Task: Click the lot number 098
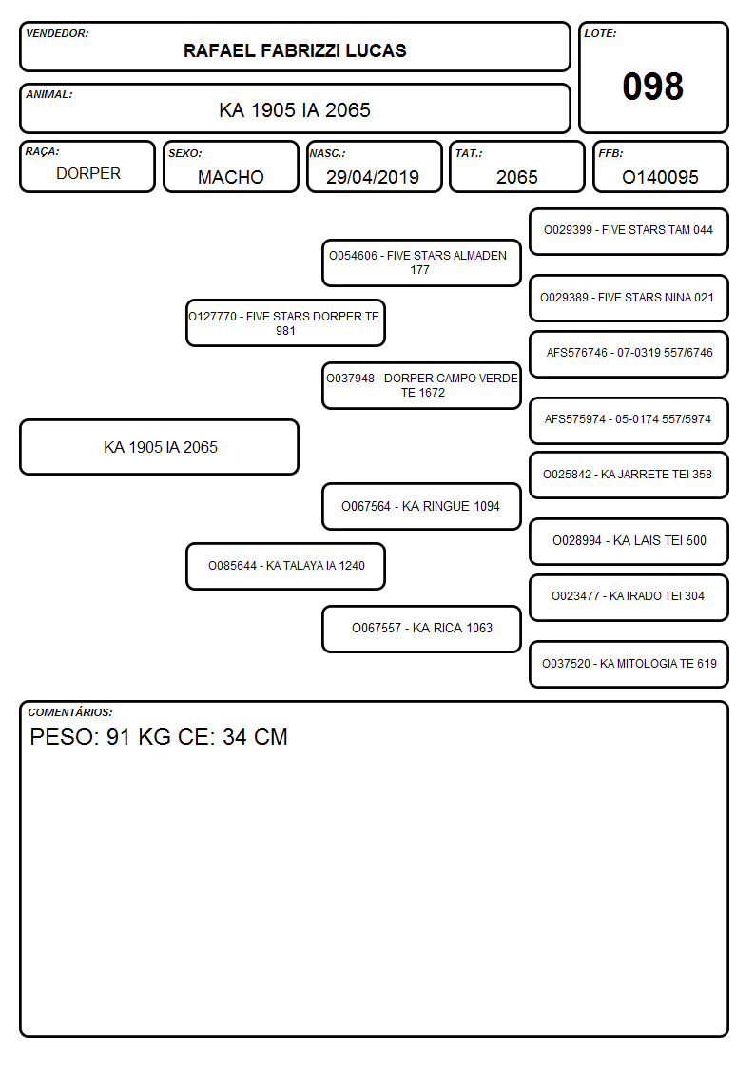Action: point(652,87)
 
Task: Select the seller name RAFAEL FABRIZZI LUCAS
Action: point(295,50)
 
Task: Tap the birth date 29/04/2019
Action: point(373,177)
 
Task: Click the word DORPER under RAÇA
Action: point(87,174)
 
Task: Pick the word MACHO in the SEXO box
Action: point(231,177)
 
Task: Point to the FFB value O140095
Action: point(660,177)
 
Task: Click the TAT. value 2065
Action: point(516,177)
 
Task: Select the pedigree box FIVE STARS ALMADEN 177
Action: point(421,262)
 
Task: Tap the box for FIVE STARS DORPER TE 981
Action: point(285,323)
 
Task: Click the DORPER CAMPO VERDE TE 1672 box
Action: point(421,385)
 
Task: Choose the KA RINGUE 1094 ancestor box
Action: point(421,506)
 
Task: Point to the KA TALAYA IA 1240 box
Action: point(285,566)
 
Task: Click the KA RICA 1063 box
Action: point(421,629)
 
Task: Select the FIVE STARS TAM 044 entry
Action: point(629,232)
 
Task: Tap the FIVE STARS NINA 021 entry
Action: point(629,298)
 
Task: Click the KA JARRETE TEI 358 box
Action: point(629,475)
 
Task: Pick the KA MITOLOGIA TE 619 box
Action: point(629,664)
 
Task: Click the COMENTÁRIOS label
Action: point(70,712)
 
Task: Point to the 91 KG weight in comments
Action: point(139,737)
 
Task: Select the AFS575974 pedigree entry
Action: point(629,420)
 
